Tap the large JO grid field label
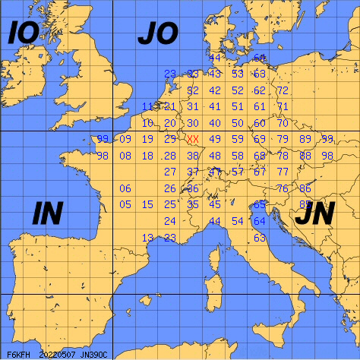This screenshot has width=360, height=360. coord(157,33)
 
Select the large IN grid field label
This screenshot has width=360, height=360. coord(47,214)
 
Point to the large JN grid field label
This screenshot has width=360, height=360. coord(313,216)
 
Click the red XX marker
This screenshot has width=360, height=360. coord(193,139)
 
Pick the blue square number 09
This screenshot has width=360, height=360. coord(125,139)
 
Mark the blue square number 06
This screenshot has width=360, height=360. coord(125,188)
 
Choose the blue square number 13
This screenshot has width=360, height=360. coord(148,238)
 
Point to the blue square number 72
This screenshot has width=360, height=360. coord(282,90)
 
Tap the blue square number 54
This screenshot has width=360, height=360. coord(238,221)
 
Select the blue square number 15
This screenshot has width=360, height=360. coord(148,204)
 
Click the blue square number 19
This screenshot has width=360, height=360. coord(148,139)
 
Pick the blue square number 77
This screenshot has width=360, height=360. coord(282,172)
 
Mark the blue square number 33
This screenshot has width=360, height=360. coord(193,74)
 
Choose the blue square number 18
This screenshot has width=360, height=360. coord(148,156)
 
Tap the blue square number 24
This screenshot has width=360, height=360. coord(170,221)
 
